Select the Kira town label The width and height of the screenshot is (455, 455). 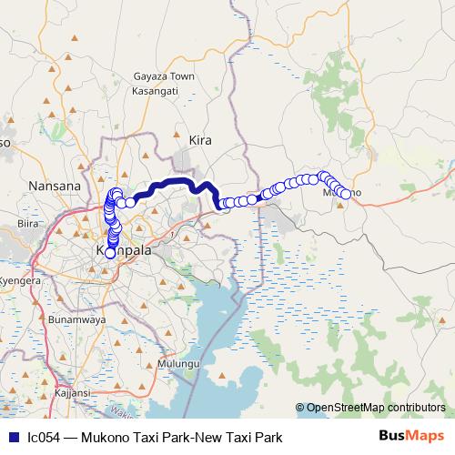point(199,140)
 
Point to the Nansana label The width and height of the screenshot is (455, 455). point(55,186)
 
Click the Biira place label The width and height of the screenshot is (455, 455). point(29,222)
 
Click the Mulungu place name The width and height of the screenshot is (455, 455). point(177,364)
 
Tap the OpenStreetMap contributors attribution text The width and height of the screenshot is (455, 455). point(375,408)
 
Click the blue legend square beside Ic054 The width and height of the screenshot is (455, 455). point(11,438)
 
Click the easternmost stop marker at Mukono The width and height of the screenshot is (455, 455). point(346,193)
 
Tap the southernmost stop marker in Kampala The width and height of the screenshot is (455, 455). point(110,253)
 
